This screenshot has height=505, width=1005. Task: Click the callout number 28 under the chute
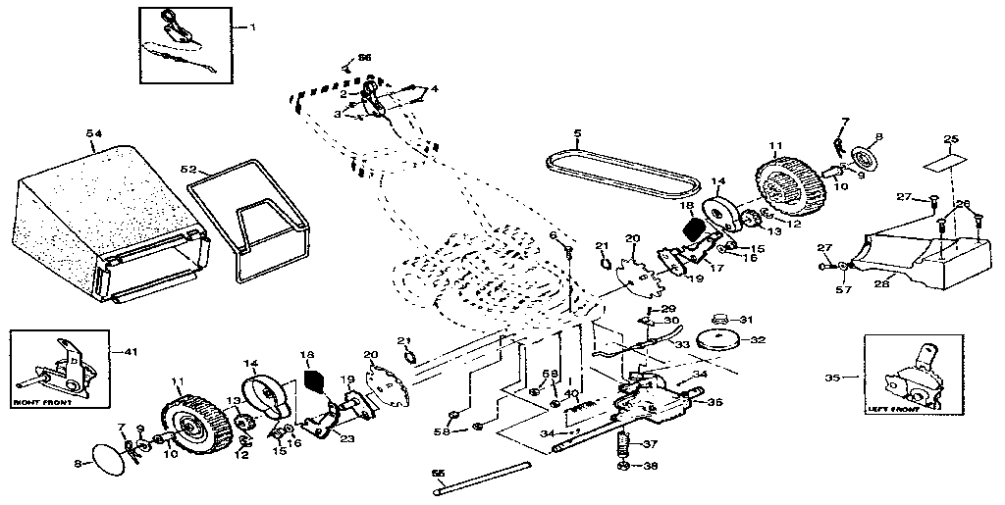click(x=880, y=283)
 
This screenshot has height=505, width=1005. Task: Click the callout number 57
click(x=842, y=290)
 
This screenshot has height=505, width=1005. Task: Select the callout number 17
click(x=718, y=266)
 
